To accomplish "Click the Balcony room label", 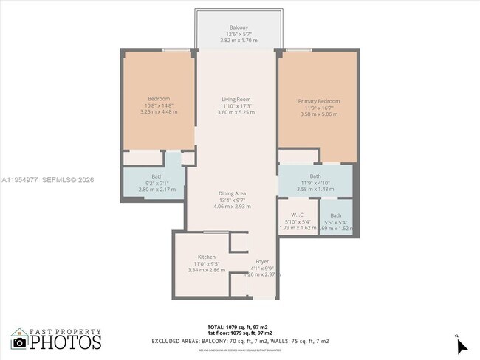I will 239,27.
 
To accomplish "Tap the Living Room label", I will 236,100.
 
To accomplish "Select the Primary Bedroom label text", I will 319,101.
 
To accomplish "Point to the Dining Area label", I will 232,193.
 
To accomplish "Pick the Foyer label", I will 262,261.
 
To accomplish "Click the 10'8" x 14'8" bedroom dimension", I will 159,105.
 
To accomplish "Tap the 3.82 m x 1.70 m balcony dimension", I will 239,41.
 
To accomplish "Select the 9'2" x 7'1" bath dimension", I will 157,183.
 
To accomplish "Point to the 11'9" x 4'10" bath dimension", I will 315,182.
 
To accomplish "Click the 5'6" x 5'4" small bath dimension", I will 336,222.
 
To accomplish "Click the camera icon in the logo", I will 19,342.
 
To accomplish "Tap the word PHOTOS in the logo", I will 66,342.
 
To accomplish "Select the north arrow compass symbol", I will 461,345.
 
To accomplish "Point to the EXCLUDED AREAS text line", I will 240,341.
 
